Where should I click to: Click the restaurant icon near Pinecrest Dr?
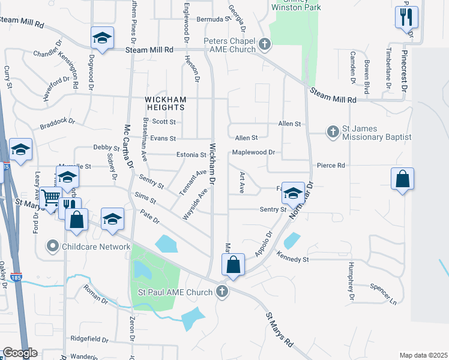pyautogui.click(x=406, y=16)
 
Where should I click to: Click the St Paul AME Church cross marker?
pyautogui.click(x=222, y=292)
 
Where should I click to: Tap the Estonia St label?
pyautogui.click(x=191, y=155)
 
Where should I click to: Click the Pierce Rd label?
pyautogui.click(x=331, y=165)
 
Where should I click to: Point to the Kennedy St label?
pyautogui.click(x=292, y=259)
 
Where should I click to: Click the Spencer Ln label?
pyautogui.click(x=384, y=293)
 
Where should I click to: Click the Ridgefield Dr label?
pyautogui.click(x=89, y=339)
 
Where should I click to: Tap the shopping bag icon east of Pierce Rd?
pyautogui.click(x=402, y=179)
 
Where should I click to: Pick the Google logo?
pyautogui.click(x=20, y=353)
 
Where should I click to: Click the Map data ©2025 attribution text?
pyautogui.click(x=423, y=355)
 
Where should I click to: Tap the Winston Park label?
pyautogui.click(x=296, y=7)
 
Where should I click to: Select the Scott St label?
pyautogui.click(x=163, y=121)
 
